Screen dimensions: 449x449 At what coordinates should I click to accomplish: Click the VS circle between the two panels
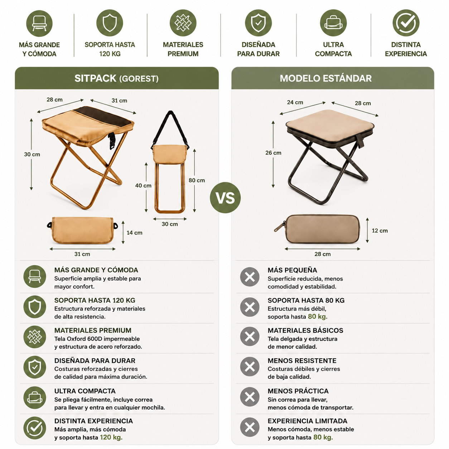point(225,198)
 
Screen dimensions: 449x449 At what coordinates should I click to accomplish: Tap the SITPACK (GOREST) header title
point(116,78)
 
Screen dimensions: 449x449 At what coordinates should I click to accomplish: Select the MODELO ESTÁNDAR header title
point(325,78)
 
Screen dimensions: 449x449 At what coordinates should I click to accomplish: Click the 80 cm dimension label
point(197,180)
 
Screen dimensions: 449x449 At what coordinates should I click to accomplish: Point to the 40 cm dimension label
point(143,185)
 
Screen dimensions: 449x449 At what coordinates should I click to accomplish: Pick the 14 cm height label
point(134,232)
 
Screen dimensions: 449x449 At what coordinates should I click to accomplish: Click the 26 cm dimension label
point(273,153)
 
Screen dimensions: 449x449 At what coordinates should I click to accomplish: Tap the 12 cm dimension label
point(380,231)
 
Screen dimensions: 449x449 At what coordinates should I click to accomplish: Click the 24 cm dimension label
point(295,102)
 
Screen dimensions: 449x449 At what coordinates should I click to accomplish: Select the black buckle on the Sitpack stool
point(112,141)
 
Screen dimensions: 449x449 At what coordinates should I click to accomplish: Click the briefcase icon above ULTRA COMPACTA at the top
point(333,23)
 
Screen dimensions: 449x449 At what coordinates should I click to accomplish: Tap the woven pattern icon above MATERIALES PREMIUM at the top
point(183,23)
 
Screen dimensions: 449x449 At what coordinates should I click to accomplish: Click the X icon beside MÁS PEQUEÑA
point(250,277)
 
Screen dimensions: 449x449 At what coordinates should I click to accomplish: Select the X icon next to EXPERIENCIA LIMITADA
point(250,427)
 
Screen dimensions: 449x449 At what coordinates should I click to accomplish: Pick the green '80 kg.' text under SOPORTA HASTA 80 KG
point(318,317)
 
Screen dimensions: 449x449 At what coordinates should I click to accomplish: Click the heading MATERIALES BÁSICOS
point(305,330)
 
